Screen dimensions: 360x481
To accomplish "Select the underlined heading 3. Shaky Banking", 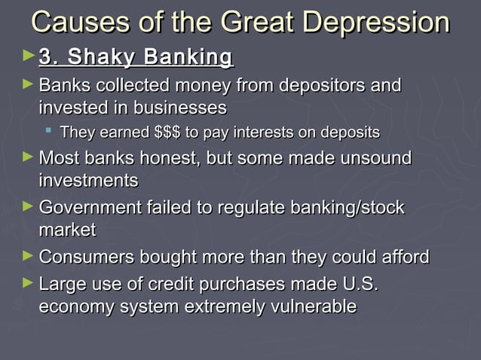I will coord(136,57).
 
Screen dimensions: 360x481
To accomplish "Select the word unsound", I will coord(372,159).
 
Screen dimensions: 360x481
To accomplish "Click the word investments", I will coord(88,182).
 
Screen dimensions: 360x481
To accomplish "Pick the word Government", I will coord(87,208).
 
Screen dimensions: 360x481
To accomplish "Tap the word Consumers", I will coord(85,258).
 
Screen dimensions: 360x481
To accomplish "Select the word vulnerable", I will coord(309,307).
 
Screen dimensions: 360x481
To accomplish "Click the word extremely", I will coord(227,307).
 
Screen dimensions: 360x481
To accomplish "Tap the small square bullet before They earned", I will coord(49,132).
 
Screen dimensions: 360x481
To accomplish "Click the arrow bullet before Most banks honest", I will coord(29,157).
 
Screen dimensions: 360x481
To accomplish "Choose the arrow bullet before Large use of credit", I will coord(29,283).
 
